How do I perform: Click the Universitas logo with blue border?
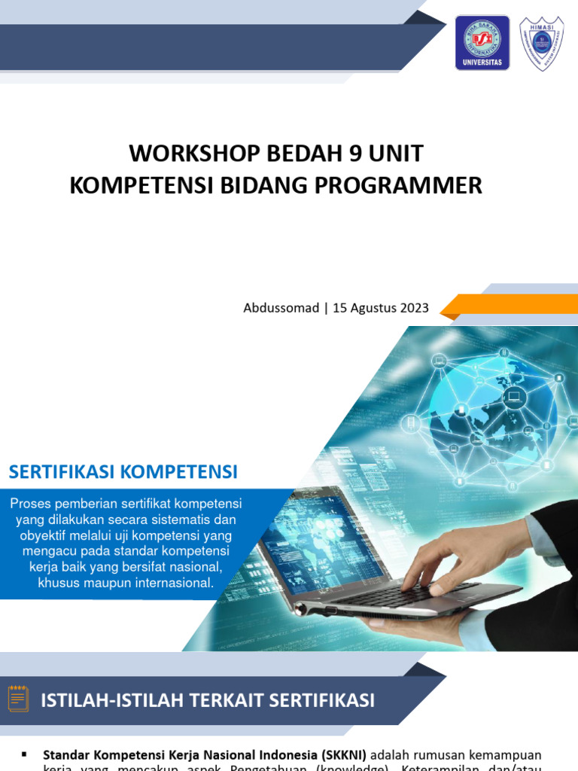tap(482, 43)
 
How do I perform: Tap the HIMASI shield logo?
tap(542, 44)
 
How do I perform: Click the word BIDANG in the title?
tap(260, 185)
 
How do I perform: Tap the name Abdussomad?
tap(281, 308)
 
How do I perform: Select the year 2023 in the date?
tap(414, 308)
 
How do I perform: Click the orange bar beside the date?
tap(512, 305)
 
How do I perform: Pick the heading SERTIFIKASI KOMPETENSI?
tap(123, 472)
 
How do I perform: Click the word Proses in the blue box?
tap(30, 504)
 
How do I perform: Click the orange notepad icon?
tap(18, 699)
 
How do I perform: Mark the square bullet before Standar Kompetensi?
tap(24, 754)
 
